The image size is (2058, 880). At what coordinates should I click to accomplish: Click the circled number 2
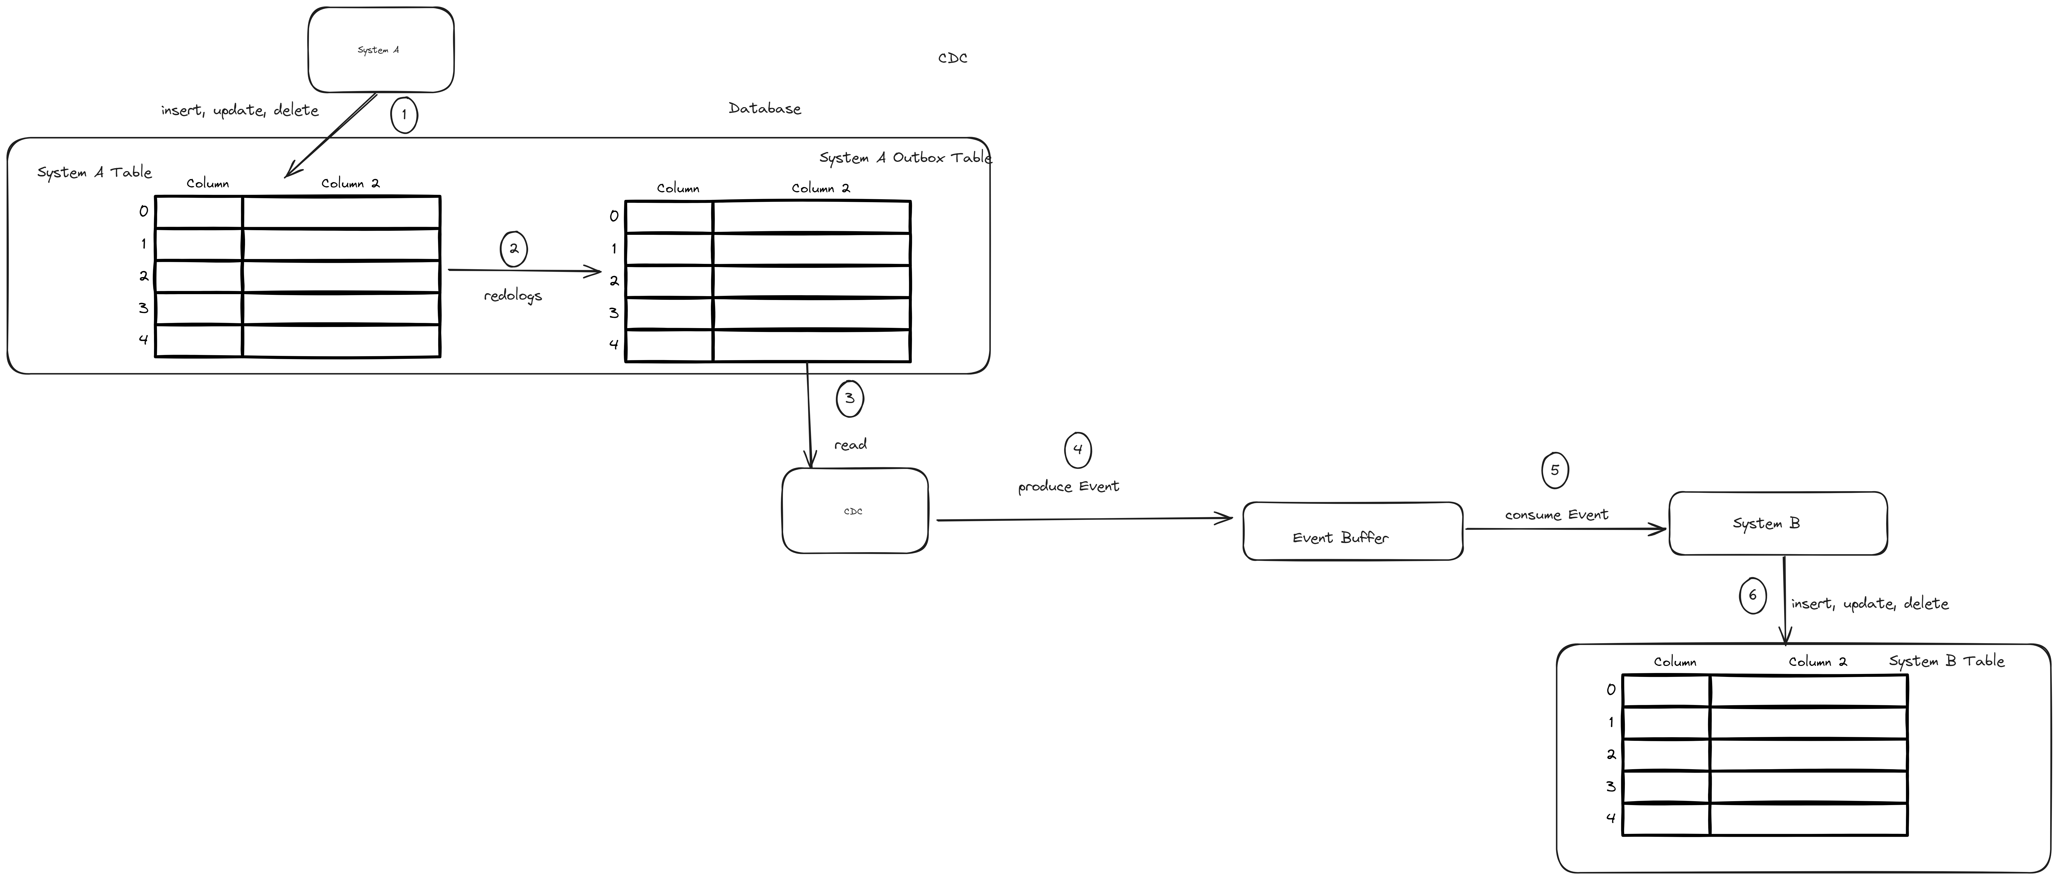coord(514,248)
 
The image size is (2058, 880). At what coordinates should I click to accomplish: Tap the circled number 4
coord(1078,450)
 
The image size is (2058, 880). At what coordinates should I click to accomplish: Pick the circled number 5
coord(1555,470)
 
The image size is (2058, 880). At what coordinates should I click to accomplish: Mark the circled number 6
coord(1753,595)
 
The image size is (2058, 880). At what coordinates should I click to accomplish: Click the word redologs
coord(513,296)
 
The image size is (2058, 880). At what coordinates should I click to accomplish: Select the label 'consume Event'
coord(1556,515)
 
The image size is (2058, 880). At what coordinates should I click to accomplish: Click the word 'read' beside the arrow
coord(851,445)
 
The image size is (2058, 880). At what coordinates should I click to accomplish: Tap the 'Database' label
coord(765,108)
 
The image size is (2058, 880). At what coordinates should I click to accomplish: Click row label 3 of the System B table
coord(1611,787)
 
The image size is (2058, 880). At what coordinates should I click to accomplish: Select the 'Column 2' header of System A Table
coord(351,183)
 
